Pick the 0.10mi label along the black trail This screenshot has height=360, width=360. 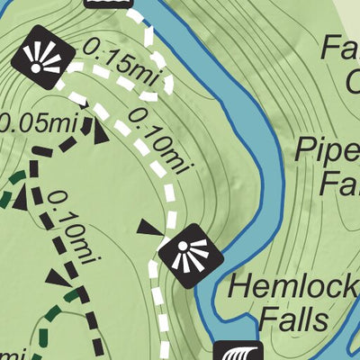pos(74,229)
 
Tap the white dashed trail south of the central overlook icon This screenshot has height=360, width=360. pos(162,315)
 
